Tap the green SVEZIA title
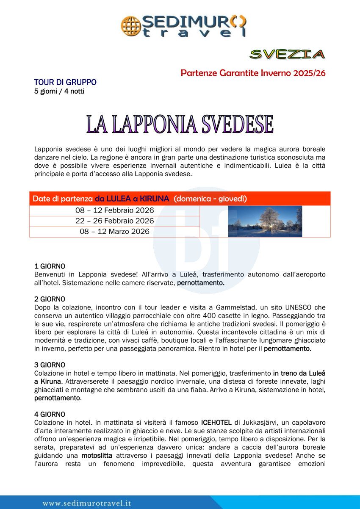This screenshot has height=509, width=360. click(x=287, y=54)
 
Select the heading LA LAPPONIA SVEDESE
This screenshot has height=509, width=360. click(x=180, y=124)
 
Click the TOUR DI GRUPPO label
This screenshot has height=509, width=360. click(x=65, y=82)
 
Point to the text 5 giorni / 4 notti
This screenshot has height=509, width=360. click(x=59, y=91)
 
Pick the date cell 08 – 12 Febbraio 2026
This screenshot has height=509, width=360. click(x=114, y=210)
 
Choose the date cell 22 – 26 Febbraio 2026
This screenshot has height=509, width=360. click(x=114, y=221)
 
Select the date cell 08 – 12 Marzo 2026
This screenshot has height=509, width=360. click(x=114, y=232)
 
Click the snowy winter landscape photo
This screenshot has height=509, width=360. click(x=265, y=221)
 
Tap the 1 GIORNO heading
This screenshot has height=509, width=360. click(x=50, y=266)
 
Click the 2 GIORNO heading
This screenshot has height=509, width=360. click(x=50, y=299)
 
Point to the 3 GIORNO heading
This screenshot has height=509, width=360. click(x=50, y=364)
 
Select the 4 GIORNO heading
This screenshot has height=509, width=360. click(x=50, y=414)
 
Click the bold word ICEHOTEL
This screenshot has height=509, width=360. click(x=216, y=422)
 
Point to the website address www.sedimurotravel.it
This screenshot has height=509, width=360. click(x=87, y=503)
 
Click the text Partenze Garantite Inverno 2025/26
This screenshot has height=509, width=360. click(x=253, y=73)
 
